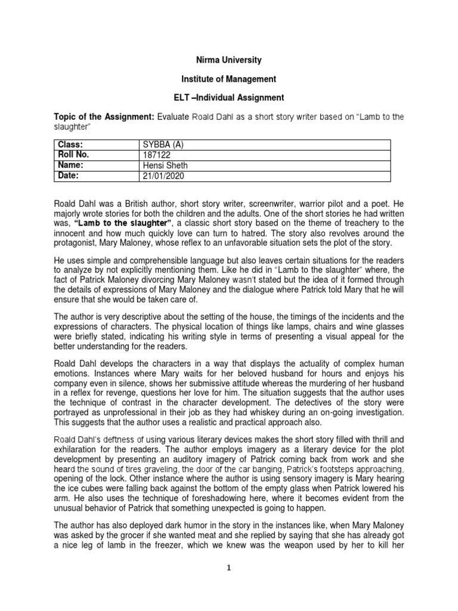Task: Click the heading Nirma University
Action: pos(229,61)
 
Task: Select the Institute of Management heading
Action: pos(229,79)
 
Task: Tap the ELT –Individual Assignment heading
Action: pos(229,97)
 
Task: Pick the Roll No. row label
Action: pos(73,155)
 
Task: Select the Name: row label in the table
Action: pos(70,165)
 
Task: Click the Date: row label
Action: pos(69,175)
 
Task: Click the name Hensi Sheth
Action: pos(163,165)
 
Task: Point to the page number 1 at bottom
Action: pos(229,569)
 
